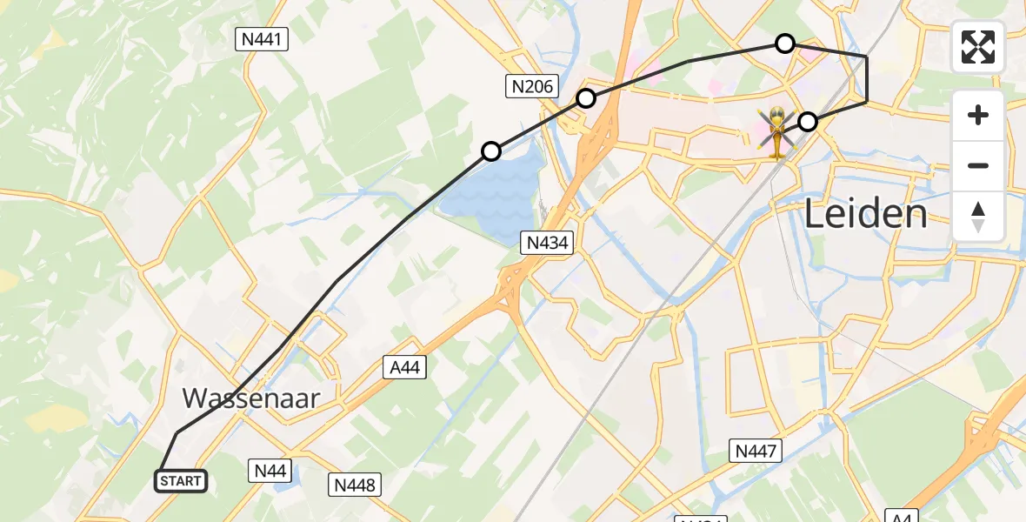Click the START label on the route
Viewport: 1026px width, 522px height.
181,480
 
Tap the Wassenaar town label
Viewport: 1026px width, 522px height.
251,398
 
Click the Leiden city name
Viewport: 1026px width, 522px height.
866,213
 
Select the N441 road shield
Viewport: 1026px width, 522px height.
262,38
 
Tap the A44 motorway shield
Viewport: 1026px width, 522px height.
403,367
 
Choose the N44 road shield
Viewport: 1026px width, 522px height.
270,471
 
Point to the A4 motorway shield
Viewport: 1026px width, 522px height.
902,515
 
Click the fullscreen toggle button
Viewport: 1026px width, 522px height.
978,47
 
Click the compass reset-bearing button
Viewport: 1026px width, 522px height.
978,216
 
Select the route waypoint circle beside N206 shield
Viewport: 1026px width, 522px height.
586,98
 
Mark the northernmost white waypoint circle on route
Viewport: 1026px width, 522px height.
785,43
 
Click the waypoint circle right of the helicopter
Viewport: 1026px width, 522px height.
808,122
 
